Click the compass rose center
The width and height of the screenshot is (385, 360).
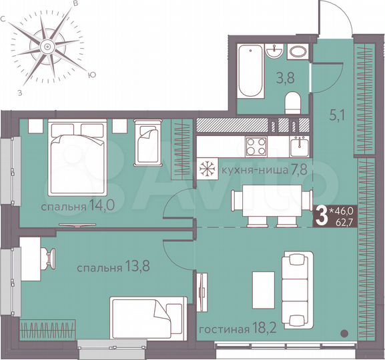point(47,46)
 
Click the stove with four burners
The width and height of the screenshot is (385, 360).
point(256,145)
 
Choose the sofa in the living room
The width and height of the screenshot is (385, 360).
point(296,285)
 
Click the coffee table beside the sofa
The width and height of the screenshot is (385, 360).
point(262,285)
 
